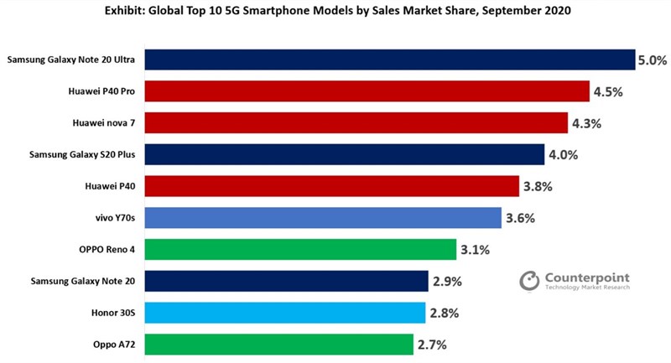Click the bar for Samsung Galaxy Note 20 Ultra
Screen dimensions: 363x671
390,60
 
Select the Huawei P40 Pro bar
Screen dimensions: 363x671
367,91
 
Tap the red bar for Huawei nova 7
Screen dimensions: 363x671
356,123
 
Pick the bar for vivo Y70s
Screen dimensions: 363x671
324,218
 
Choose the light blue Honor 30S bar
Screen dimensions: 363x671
285,313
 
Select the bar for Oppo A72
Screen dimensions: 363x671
280,344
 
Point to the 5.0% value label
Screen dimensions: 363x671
653,60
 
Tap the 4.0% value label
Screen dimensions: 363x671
562,155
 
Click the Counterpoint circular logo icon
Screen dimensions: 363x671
529,281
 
